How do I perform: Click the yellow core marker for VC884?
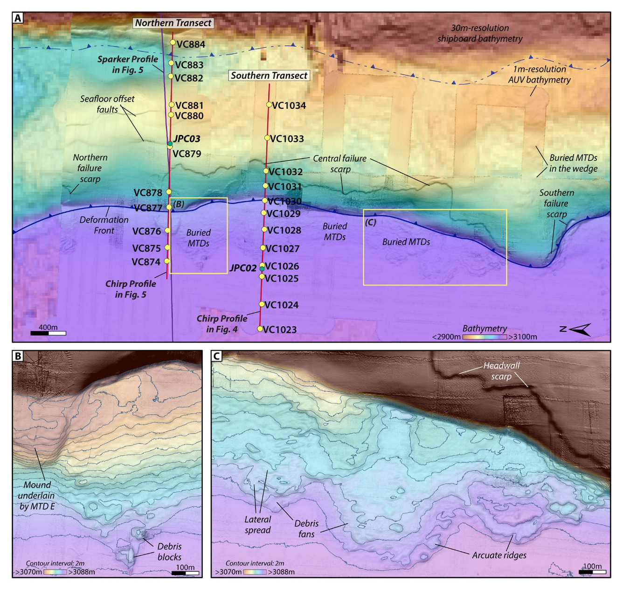(173, 42)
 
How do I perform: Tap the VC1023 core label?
(280, 330)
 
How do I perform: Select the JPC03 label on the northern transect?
(187, 139)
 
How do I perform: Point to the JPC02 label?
(242, 268)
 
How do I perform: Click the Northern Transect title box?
(173, 23)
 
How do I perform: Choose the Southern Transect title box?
(269, 76)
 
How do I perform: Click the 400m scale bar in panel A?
(48, 333)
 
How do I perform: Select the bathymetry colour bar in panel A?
(485, 337)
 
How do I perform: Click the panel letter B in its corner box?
(18, 356)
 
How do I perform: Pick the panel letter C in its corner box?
(217, 356)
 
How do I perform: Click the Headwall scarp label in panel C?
(501, 371)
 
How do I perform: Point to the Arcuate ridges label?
(499, 555)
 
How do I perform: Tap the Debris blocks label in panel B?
(169, 552)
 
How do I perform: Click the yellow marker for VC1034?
(269, 105)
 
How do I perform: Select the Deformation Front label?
(104, 225)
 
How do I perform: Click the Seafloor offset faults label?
(107, 104)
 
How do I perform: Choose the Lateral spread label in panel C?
(257, 525)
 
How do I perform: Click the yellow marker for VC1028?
(264, 230)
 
